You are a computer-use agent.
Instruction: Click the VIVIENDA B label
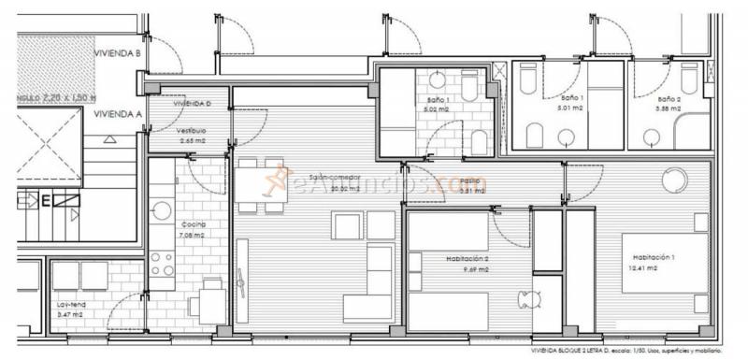(118, 54)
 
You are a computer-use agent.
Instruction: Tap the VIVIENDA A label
(118, 114)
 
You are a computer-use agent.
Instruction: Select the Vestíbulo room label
(191, 130)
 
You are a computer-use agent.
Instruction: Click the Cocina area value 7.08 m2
(194, 237)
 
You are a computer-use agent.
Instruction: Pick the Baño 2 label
(668, 98)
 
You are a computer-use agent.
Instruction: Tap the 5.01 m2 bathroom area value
(571, 108)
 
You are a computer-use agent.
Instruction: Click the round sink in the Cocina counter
(162, 210)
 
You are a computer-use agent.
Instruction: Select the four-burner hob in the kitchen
(162, 263)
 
